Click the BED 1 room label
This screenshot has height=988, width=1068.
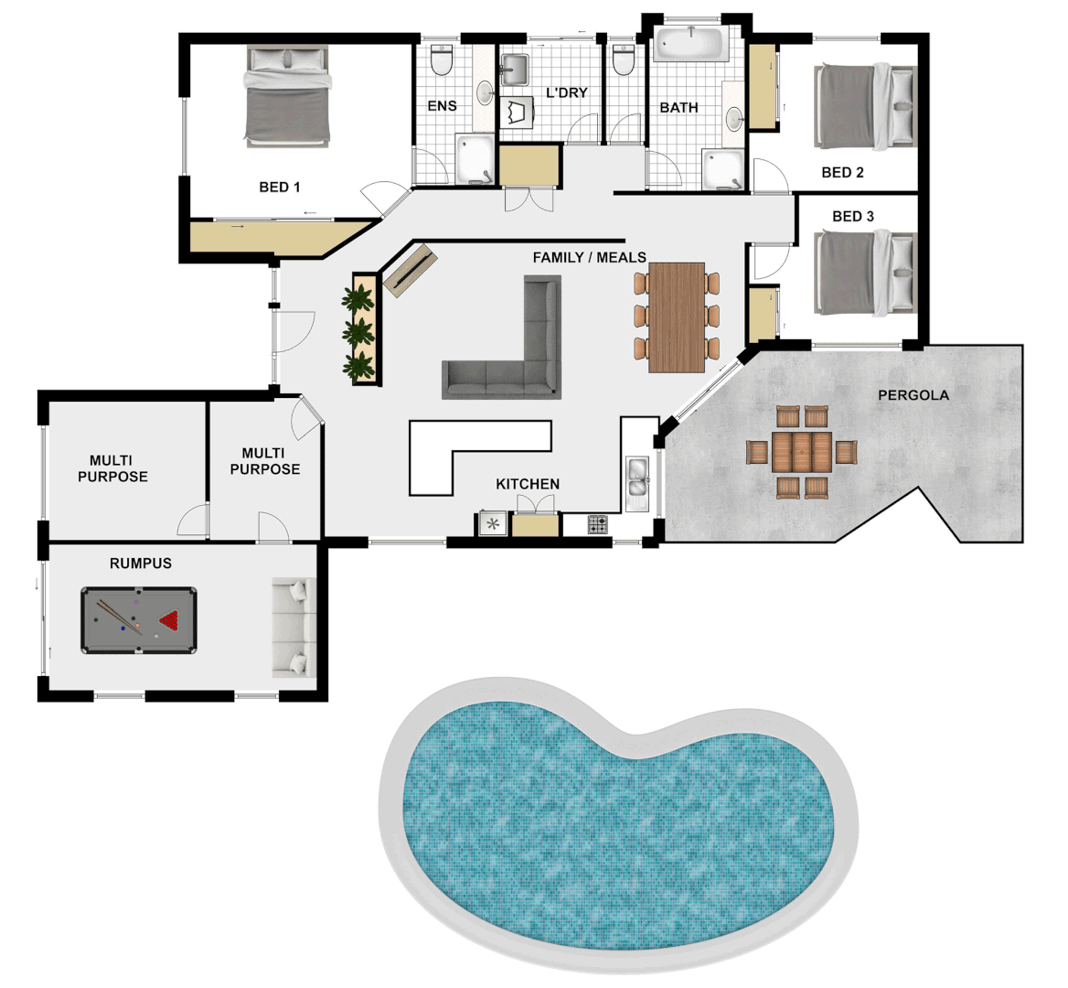point(279,187)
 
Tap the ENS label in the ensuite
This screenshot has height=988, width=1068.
point(442,106)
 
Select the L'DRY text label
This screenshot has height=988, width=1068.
point(567,92)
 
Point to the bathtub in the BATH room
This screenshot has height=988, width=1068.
point(690,42)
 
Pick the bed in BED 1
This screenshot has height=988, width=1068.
point(287,97)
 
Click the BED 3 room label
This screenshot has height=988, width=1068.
point(852,217)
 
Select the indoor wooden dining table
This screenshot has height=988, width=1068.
point(677,317)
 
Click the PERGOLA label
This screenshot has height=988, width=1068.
point(913,395)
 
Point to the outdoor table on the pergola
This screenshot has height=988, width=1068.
point(802,452)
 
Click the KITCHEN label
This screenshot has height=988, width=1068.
point(528,484)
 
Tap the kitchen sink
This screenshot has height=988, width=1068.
point(637,482)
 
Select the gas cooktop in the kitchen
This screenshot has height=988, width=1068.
point(597,524)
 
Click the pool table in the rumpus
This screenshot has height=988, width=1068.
point(139,620)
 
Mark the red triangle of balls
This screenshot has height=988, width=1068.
point(170,620)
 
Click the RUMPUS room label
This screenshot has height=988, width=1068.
point(141,564)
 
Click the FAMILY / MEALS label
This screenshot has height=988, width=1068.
point(589,258)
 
